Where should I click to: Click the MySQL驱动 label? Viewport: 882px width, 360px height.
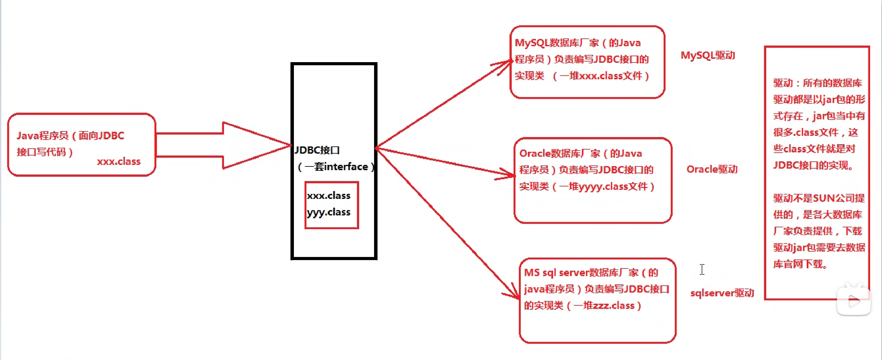click(707, 56)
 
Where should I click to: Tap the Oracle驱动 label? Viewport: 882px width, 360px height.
click(712, 169)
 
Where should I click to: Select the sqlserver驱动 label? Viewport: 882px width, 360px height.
click(722, 293)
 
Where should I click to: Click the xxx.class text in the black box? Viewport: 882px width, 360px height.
click(328, 195)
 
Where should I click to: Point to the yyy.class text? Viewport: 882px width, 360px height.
click(328, 212)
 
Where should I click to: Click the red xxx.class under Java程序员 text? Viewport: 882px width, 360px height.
click(119, 161)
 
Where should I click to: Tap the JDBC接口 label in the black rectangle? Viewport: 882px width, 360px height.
click(317, 150)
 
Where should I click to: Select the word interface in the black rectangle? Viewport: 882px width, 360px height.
click(346, 167)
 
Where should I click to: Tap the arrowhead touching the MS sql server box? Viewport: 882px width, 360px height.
click(513, 293)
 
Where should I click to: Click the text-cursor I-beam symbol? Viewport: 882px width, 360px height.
click(702, 269)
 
